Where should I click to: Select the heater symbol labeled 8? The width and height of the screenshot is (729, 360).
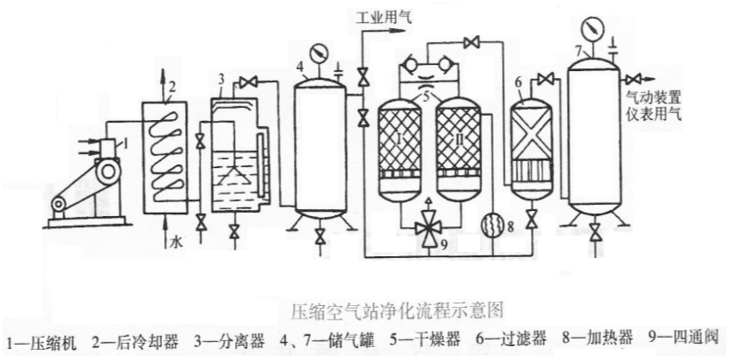point(492,227)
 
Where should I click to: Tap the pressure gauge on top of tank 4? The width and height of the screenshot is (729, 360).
point(320,52)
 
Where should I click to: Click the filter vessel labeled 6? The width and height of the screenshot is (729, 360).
point(529,144)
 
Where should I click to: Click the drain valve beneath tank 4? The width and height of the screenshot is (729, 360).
point(320,237)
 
